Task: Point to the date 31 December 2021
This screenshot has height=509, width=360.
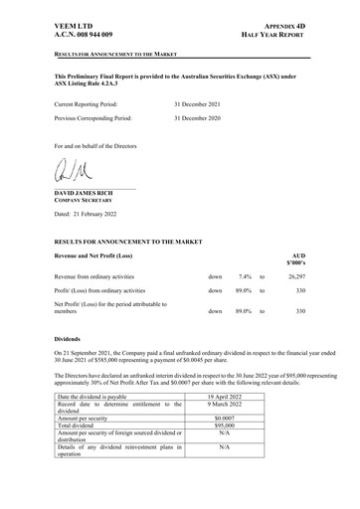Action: (x=202, y=103)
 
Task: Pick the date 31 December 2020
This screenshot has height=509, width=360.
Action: (x=202, y=118)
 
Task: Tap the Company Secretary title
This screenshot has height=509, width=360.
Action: (x=90, y=201)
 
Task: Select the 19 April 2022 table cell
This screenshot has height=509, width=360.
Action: (x=231, y=397)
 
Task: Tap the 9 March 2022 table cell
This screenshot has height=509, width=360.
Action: (x=231, y=405)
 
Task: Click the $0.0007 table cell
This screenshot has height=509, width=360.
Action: (x=231, y=420)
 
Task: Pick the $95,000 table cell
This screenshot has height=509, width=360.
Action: (x=231, y=426)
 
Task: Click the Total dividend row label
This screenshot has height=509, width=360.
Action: (x=84, y=426)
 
